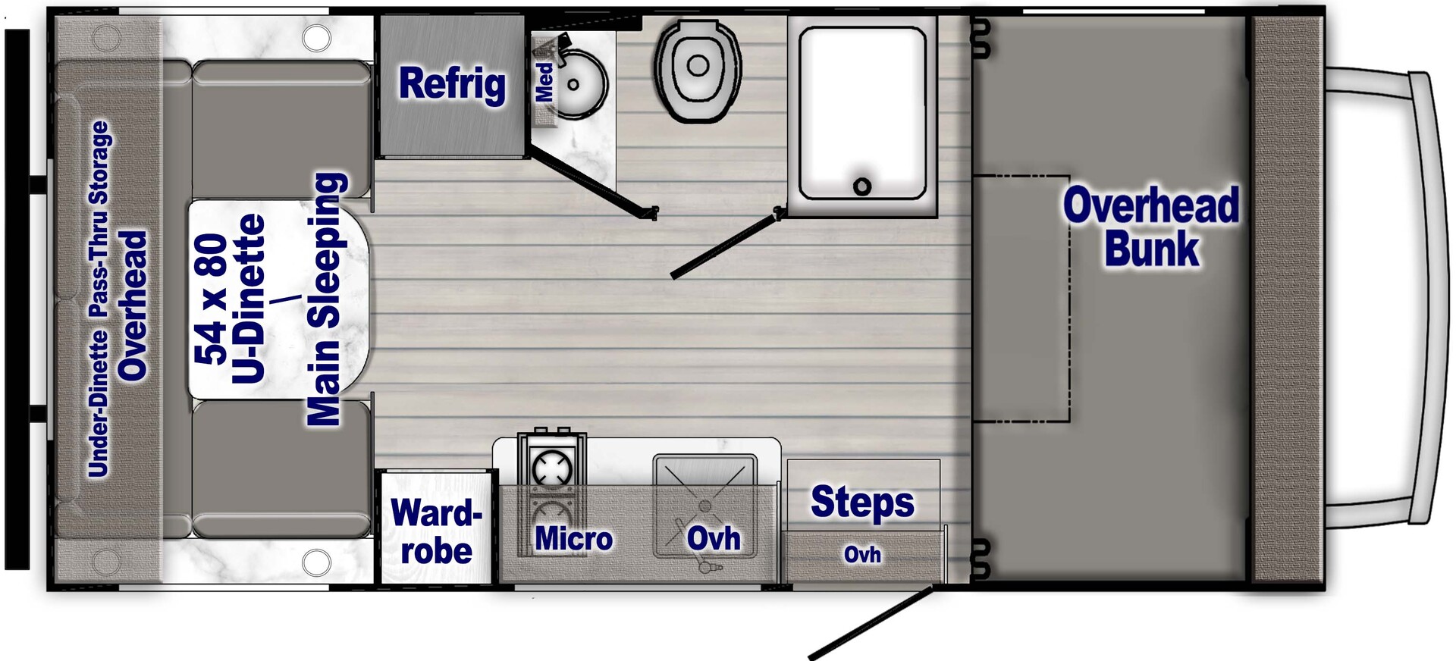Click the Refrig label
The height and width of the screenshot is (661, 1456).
[x=452, y=83]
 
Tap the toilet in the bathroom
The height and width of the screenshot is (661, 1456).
[x=698, y=70]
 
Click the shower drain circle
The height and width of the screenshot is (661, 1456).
[x=862, y=186]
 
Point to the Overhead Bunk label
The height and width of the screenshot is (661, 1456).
[x=1151, y=227]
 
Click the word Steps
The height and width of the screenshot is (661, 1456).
[x=862, y=502]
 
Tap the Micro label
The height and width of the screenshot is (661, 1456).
[x=573, y=539]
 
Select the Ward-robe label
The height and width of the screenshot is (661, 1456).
[x=436, y=532]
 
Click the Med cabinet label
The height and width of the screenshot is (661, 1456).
[x=544, y=82]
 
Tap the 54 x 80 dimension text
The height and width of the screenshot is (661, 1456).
[x=211, y=299]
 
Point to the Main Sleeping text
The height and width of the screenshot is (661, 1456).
[x=327, y=299]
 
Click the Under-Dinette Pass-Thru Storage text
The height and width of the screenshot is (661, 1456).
[x=99, y=299]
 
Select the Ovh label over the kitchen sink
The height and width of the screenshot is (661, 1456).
[x=714, y=539]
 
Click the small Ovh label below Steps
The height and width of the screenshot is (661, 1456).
[x=862, y=555]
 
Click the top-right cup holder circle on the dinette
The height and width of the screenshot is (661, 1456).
[x=316, y=37]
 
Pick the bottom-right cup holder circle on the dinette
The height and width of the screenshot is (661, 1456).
[x=316, y=562]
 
